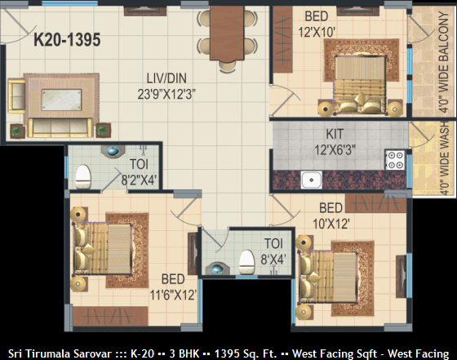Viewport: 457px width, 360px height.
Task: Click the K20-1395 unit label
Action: click(x=67, y=40)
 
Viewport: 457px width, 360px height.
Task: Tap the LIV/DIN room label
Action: click(x=166, y=78)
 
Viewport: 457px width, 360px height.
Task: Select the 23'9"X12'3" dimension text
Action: click(x=166, y=94)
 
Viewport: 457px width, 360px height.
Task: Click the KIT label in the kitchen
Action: click(x=335, y=134)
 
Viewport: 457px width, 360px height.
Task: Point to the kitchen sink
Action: click(x=311, y=180)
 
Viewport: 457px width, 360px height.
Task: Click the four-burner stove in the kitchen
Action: click(x=395, y=160)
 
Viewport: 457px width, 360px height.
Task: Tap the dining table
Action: click(x=227, y=33)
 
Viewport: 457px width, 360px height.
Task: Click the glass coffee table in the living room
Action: click(x=61, y=100)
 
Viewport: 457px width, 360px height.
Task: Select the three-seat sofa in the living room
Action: click(x=60, y=127)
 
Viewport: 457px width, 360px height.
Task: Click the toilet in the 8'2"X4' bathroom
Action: click(x=83, y=177)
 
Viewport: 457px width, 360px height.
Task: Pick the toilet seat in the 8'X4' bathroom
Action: click(x=246, y=262)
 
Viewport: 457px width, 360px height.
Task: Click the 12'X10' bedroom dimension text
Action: click(x=317, y=32)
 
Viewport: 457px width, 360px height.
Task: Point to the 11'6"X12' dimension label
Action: click(x=173, y=295)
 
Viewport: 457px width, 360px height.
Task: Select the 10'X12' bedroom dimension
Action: click(x=331, y=224)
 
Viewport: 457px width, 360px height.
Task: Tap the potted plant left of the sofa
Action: click(x=17, y=131)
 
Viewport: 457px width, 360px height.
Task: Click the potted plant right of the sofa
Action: click(x=103, y=130)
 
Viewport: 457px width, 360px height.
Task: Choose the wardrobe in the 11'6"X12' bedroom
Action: click(x=110, y=316)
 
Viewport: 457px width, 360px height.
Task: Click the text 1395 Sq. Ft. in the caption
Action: click(x=246, y=353)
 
